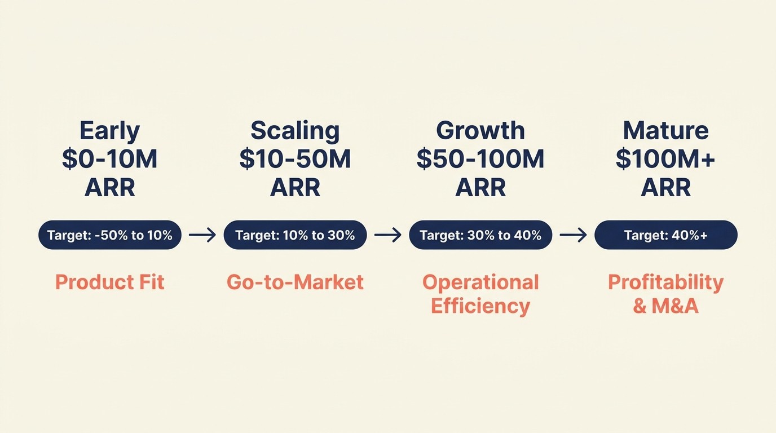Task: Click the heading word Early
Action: (x=109, y=131)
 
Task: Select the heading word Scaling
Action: (x=295, y=131)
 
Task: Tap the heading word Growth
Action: (x=480, y=131)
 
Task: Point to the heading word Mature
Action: (x=665, y=131)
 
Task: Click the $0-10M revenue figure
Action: (x=109, y=160)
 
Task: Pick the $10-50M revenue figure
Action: (x=295, y=160)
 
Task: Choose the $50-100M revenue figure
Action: (x=480, y=160)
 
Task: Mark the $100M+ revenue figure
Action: (x=665, y=160)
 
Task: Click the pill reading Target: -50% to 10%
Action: (x=110, y=235)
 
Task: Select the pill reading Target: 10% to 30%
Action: (x=295, y=235)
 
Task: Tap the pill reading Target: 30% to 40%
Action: (x=480, y=235)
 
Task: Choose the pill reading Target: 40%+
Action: (x=665, y=235)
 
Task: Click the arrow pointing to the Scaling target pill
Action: (x=202, y=235)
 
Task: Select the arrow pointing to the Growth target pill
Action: (x=387, y=235)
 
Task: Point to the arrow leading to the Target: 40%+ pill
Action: (x=573, y=235)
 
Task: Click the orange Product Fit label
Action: (x=110, y=282)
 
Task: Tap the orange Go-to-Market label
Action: (x=295, y=282)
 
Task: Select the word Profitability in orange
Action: (x=665, y=282)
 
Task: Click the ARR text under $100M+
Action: (x=665, y=188)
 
